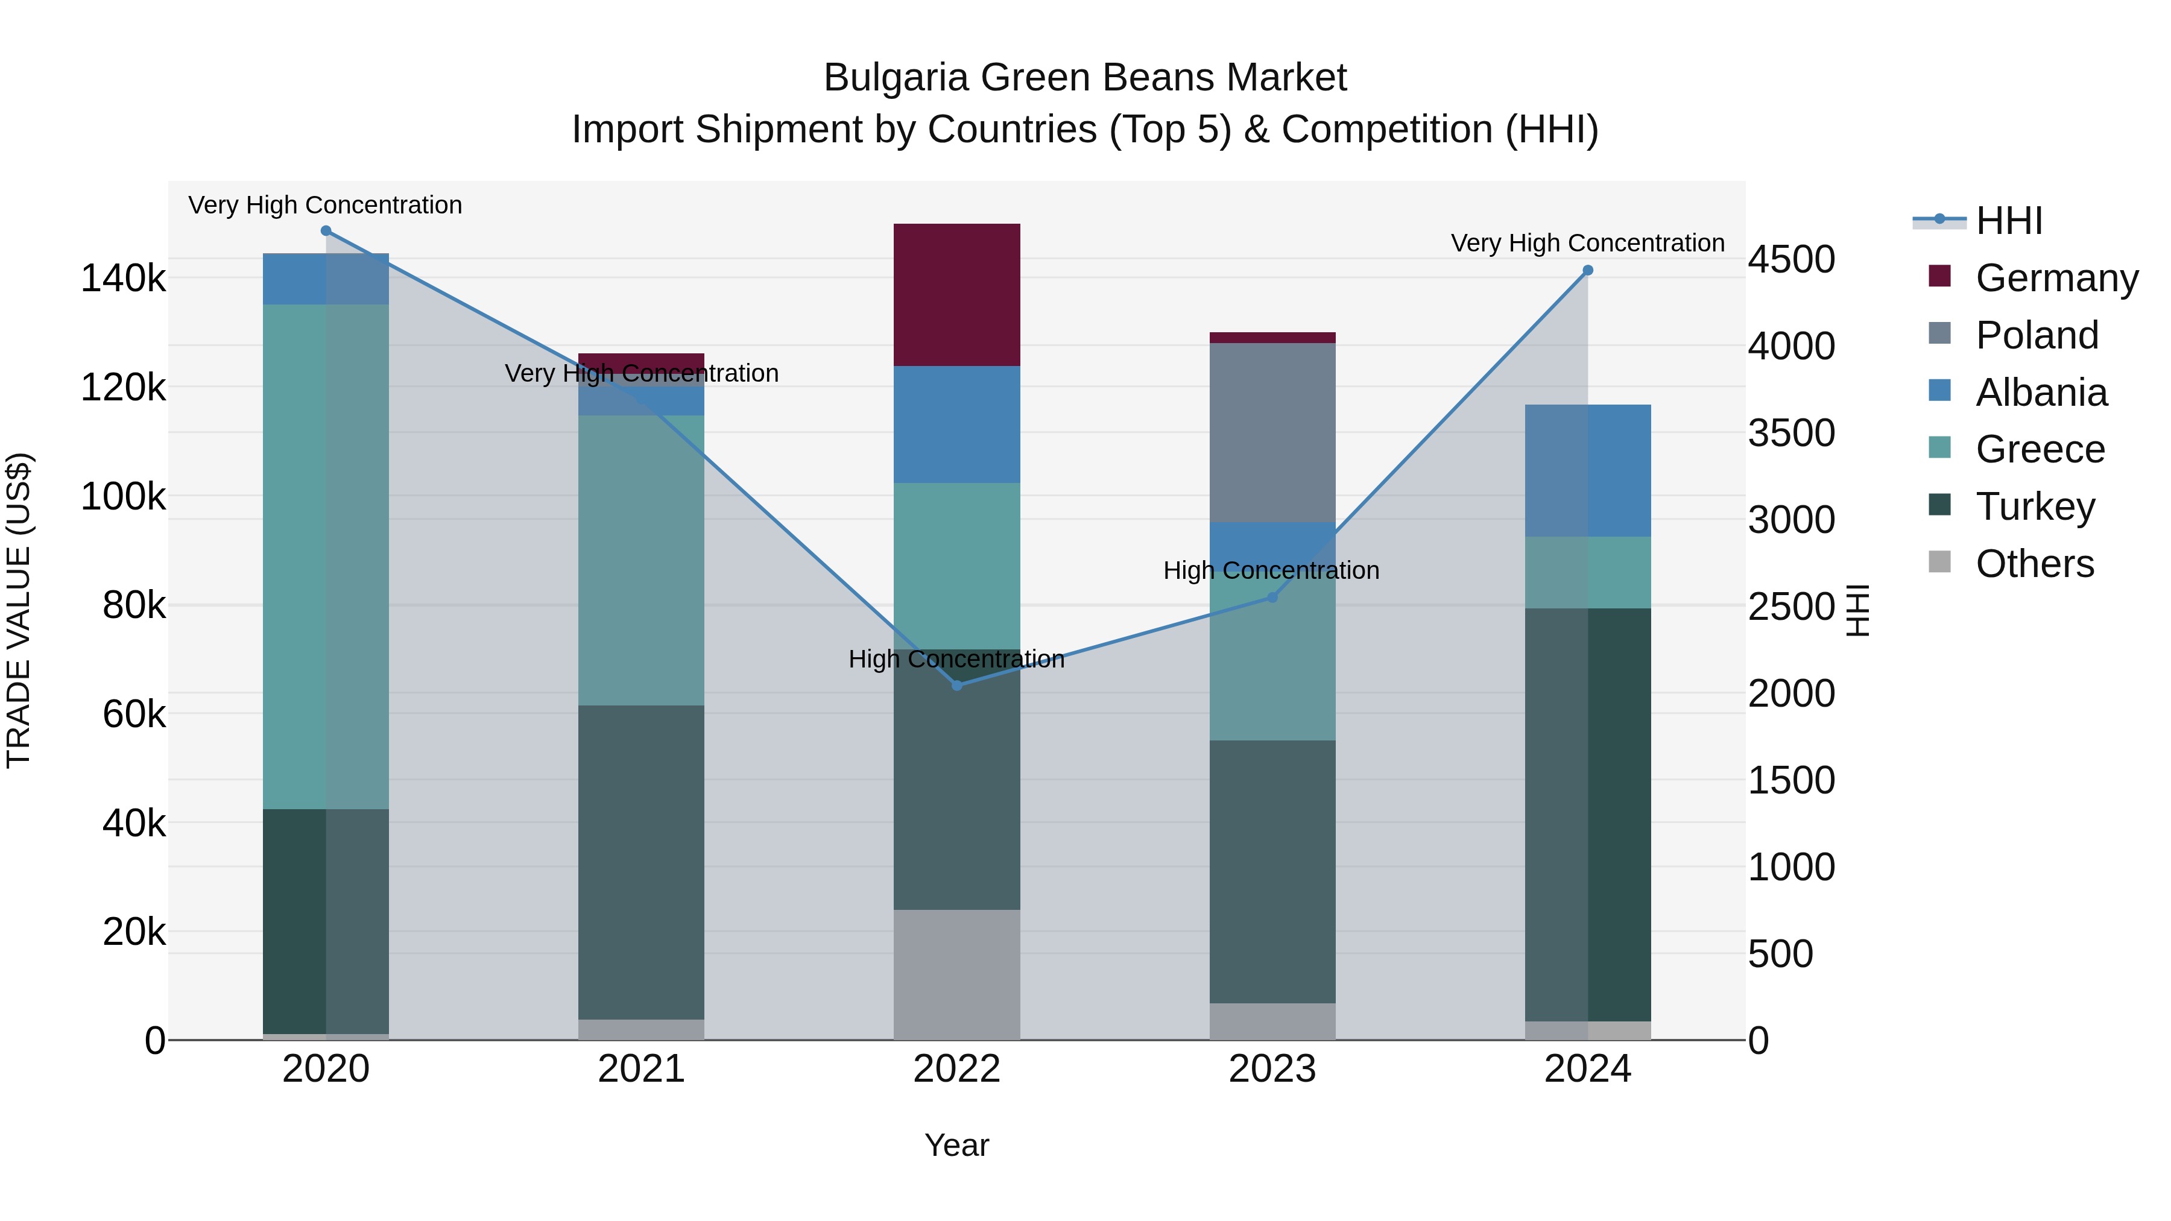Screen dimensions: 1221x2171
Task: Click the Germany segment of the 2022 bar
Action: (956, 294)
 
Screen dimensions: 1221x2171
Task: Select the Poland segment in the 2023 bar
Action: (1272, 432)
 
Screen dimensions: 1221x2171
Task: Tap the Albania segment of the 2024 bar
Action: (1588, 470)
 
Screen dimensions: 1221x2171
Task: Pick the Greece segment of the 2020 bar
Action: (326, 556)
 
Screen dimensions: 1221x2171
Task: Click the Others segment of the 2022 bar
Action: (956, 974)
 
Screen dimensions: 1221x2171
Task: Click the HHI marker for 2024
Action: (1588, 271)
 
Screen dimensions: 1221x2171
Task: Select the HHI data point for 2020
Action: (326, 231)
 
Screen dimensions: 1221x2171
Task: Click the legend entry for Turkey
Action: (2035, 506)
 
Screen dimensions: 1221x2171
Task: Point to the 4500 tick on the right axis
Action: (1791, 259)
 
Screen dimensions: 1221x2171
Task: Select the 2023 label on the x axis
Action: (1272, 1069)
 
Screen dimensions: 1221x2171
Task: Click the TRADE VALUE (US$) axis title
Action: (19, 610)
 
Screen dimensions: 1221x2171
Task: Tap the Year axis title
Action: (956, 1145)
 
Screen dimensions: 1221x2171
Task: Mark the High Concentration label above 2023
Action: (1271, 570)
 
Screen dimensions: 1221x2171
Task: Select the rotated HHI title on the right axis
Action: (1857, 610)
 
